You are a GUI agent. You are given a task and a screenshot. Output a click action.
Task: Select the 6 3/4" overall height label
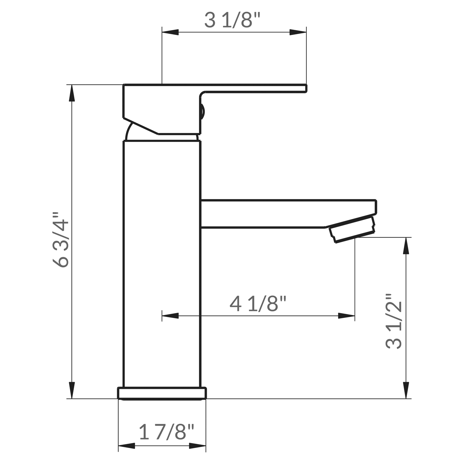(61, 240)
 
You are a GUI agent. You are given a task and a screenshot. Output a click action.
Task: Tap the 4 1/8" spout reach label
(258, 303)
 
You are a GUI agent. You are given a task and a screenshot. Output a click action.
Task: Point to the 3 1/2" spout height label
(394, 321)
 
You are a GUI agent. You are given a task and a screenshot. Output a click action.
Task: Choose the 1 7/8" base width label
(167, 432)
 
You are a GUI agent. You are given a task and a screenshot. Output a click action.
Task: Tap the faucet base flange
(162, 393)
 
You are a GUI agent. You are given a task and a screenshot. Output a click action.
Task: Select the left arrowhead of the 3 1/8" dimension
(170, 32)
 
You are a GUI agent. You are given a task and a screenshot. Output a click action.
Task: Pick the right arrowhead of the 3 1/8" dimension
(298, 32)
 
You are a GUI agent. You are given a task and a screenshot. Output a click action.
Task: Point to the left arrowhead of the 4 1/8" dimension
(170, 316)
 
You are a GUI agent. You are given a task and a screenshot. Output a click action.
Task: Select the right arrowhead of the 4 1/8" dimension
(346, 316)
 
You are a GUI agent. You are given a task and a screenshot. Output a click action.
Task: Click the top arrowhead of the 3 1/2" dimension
(406, 246)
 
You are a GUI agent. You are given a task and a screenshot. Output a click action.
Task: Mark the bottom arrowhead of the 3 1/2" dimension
(406, 390)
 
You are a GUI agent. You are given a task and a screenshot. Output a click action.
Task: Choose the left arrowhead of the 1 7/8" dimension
(127, 446)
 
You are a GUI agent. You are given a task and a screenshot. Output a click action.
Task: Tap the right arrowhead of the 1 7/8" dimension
(197, 446)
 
